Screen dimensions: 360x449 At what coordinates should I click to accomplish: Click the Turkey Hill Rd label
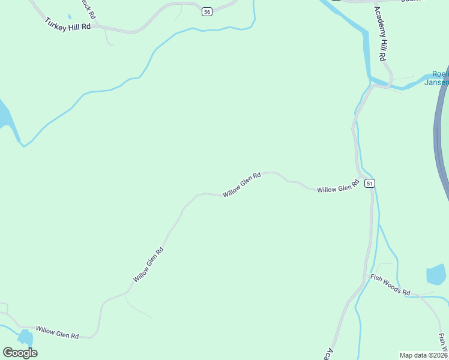[67, 24]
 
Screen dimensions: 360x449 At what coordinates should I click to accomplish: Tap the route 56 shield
[207, 12]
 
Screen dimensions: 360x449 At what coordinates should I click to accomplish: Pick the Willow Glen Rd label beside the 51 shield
[337, 189]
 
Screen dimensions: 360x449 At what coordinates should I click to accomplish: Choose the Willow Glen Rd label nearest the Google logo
[57, 332]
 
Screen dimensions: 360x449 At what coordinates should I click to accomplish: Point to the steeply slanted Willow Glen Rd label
[148, 265]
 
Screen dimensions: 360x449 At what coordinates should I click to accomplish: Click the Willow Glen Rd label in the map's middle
[242, 185]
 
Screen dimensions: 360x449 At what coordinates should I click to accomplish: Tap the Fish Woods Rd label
[390, 285]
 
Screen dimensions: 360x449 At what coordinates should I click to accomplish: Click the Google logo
[20, 353]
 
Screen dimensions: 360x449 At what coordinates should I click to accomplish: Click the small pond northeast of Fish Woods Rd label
[436, 274]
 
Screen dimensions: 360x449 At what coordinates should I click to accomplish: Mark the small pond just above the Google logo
[26, 337]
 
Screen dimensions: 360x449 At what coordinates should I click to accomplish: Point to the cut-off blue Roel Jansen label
[436, 78]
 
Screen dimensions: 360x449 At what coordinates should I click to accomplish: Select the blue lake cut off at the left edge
[4, 117]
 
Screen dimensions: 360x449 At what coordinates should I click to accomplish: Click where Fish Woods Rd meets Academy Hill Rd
[366, 277]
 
